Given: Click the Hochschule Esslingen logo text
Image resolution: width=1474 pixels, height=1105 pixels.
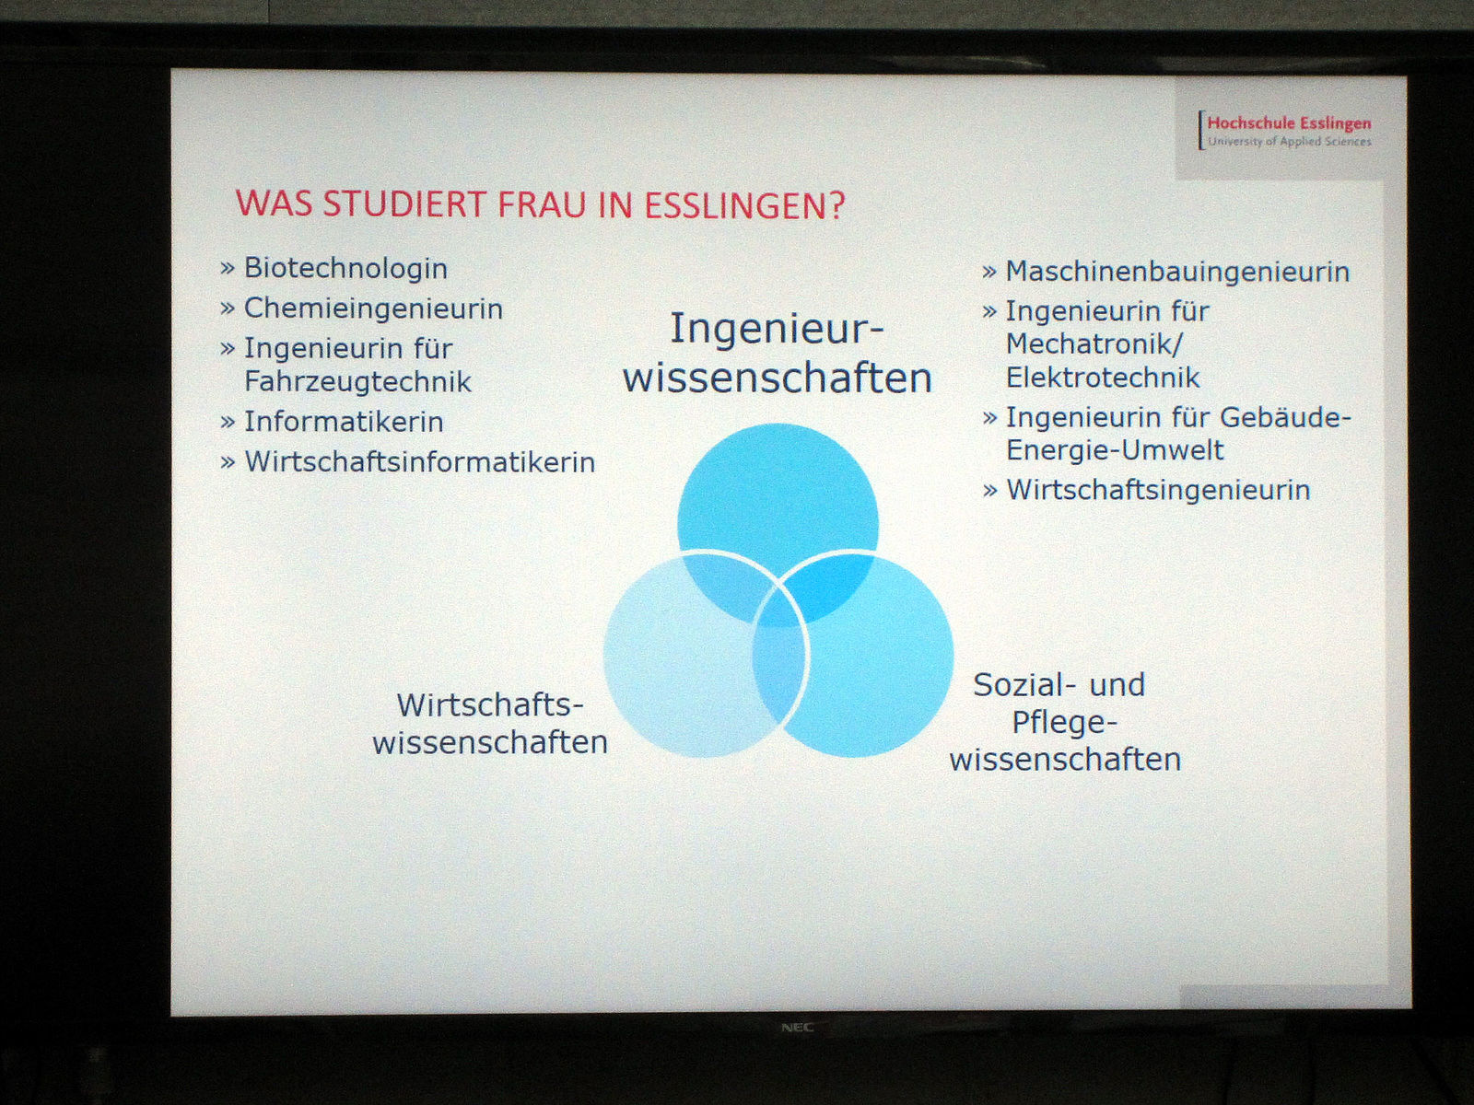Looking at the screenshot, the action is click(x=1289, y=123).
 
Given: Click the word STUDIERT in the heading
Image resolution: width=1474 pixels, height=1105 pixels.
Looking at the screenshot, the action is click(x=402, y=204).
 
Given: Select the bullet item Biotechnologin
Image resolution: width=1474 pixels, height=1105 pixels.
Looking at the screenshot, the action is click(x=333, y=268).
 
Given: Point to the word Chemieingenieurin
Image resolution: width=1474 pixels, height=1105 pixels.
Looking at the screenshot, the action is click(x=373, y=308).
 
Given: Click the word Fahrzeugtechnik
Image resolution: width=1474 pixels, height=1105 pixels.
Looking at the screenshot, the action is click(x=358, y=382).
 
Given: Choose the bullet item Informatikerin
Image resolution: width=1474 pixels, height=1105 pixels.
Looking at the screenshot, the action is click(x=332, y=422).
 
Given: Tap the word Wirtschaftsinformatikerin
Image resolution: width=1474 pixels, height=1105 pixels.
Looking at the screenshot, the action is click(x=420, y=462).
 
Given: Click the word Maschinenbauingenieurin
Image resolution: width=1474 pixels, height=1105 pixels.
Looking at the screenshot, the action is click(x=1177, y=272).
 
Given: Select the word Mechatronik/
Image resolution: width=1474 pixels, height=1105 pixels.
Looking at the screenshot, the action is click(x=1094, y=343).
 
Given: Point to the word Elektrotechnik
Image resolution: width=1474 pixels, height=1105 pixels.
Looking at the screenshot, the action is click(x=1103, y=378).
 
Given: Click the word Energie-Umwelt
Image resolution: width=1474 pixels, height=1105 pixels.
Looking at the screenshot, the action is click(x=1115, y=450).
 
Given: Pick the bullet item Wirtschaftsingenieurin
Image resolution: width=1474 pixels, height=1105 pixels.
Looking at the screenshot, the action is click(x=1146, y=490).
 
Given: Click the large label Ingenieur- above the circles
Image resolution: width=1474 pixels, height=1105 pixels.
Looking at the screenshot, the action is click(x=777, y=329).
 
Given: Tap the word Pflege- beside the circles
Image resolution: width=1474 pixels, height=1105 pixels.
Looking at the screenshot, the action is click(x=1064, y=723).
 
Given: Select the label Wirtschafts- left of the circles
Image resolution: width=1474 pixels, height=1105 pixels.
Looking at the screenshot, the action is click(x=490, y=705).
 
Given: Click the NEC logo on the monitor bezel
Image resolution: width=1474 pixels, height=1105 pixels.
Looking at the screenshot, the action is click(x=797, y=1027).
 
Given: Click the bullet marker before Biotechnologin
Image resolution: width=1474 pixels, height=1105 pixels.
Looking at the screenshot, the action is click(x=228, y=269).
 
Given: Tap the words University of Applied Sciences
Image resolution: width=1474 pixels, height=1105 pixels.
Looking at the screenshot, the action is click(x=1290, y=142).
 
